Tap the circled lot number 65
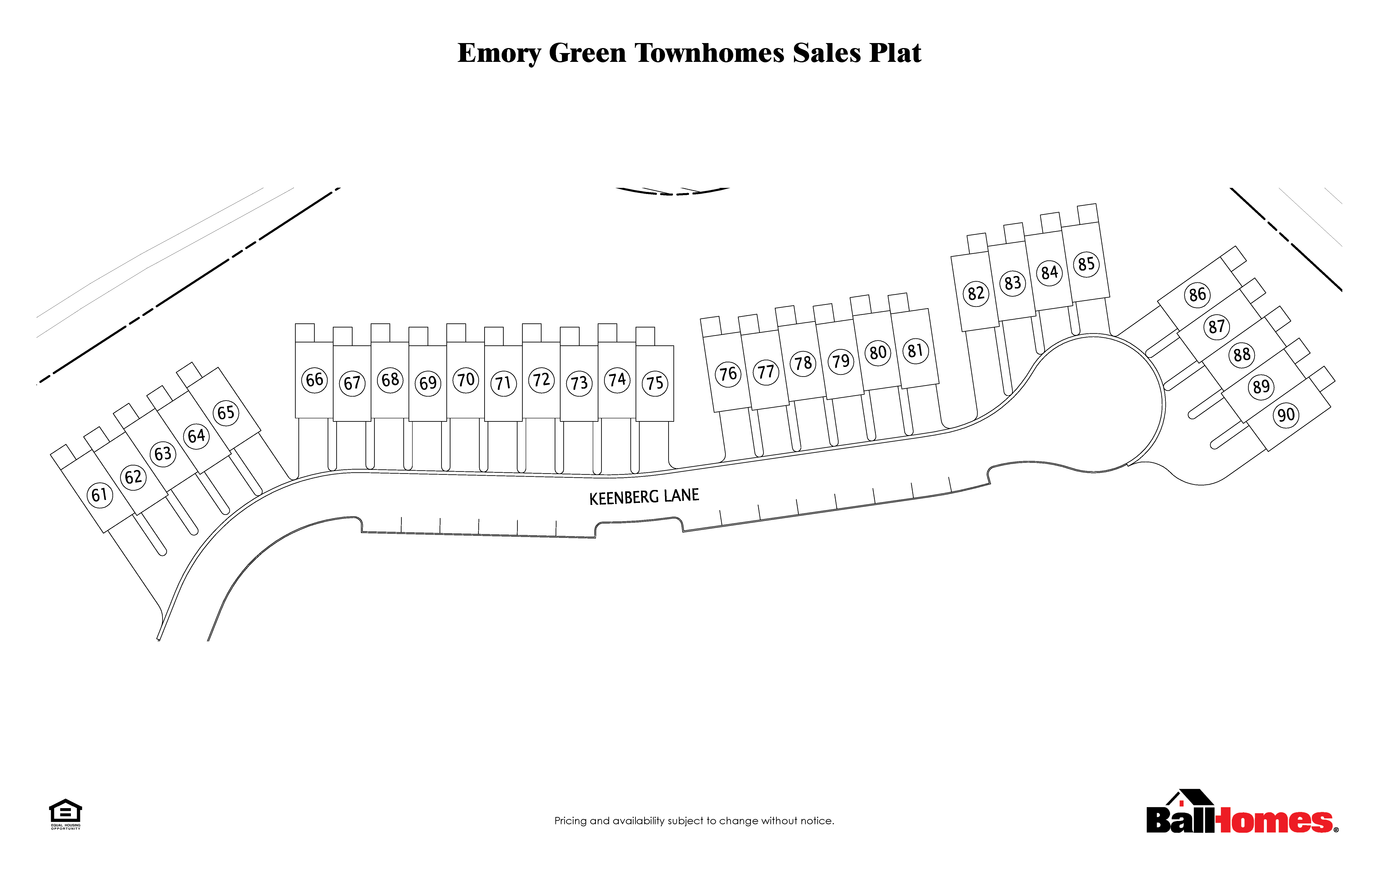[x=226, y=412]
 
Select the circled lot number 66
[x=315, y=380]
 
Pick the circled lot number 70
[x=466, y=380]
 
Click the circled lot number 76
[x=728, y=374]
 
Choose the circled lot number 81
[x=916, y=350]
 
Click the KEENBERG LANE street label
[x=644, y=497]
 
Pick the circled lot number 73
[x=579, y=383]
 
